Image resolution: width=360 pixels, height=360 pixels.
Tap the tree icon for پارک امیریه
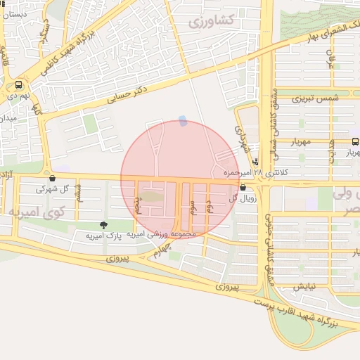[103, 225]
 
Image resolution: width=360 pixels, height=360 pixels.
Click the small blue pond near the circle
[183, 121]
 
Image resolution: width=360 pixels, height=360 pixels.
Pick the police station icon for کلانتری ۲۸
[255, 160]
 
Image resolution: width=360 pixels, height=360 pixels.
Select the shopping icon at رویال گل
[243, 188]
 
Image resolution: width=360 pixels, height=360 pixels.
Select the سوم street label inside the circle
[192, 207]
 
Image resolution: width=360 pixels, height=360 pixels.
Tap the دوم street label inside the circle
[208, 205]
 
